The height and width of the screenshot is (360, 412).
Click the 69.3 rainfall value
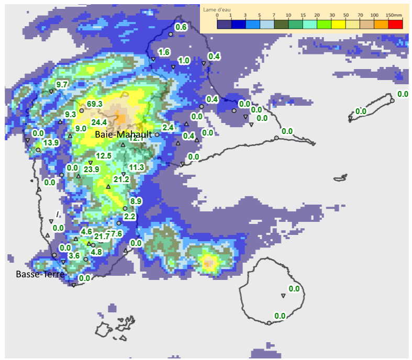click(95, 104)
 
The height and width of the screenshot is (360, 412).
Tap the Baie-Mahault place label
click(123, 134)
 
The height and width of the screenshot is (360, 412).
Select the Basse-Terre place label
click(40, 274)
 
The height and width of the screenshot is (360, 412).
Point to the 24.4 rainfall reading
click(99, 122)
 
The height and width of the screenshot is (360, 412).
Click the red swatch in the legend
click(396, 24)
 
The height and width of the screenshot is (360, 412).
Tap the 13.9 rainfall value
click(51, 143)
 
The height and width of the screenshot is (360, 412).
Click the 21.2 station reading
click(121, 179)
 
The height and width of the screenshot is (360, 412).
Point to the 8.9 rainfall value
click(136, 201)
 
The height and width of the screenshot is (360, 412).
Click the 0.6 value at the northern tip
click(181, 27)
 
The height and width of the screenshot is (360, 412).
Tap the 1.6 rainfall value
click(164, 52)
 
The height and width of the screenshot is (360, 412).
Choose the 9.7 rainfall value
click(62, 85)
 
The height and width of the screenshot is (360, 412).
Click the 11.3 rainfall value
click(136, 167)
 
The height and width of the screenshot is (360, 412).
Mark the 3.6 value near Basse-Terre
click(74, 256)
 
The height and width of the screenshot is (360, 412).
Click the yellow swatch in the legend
click(338, 24)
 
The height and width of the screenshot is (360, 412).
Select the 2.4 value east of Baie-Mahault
click(168, 127)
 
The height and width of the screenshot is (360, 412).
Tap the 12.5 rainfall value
click(104, 155)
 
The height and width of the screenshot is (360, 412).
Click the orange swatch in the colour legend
click(381, 24)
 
